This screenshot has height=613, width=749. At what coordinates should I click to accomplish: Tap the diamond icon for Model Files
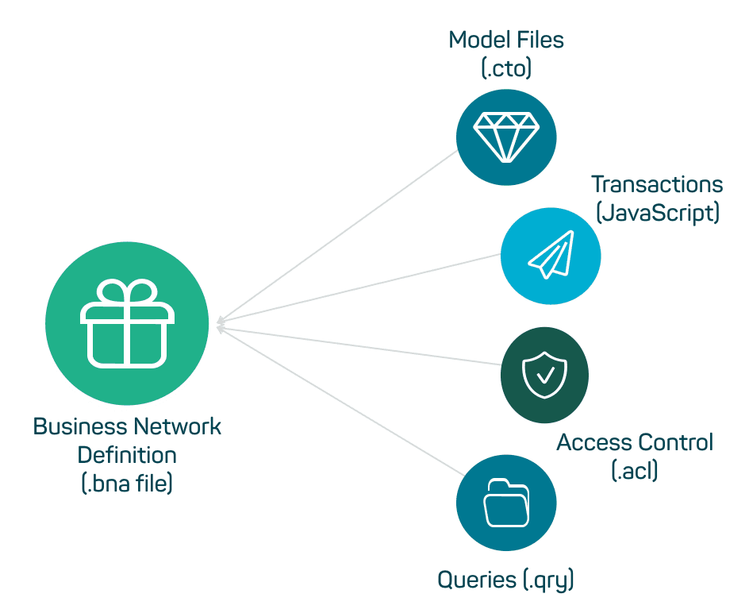(x=506, y=136)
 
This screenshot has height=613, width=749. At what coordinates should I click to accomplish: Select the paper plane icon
(x=551, y=256)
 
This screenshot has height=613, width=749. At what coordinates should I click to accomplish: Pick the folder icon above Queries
(x=506, y=502)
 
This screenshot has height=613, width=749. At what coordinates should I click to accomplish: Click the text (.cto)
(x=506, y=68)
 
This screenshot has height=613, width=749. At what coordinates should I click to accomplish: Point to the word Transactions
(x=657, y=184)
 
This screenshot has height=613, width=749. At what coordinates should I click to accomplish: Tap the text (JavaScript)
(x=657, y=213)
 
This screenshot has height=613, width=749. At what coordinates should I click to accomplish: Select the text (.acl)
(x=635, y=471)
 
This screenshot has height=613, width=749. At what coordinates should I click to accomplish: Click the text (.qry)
(x=547, y=580)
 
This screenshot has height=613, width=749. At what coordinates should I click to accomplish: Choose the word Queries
(x=477, y=580)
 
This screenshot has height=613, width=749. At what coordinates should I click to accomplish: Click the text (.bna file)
(x=127, y=484)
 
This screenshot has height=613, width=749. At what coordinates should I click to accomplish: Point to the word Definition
(x=127, y=455)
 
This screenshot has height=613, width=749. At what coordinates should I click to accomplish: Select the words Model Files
(x=506, y=40)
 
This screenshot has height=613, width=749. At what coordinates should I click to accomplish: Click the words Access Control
(x=635, y=442)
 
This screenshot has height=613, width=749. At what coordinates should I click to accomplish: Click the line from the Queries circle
(x=341, y=401)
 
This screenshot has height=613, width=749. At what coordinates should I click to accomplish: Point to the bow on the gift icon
(x=127, y=292)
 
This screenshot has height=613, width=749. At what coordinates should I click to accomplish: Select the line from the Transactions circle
(x=357, y=290)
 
